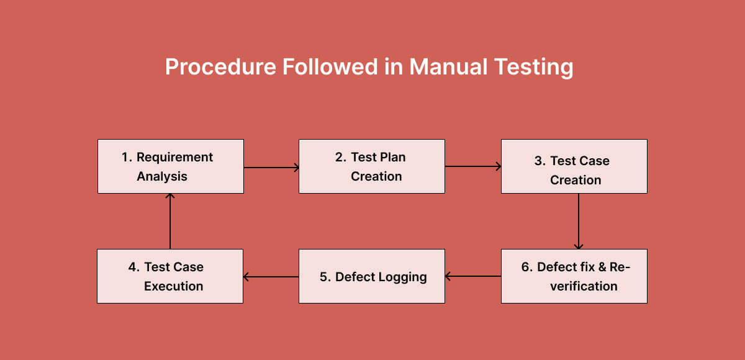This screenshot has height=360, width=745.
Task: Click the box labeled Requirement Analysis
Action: tap(170, 166)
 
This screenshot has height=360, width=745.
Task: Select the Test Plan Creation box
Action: tap(371, 166)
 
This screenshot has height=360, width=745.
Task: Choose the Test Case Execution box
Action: tap(170, 276)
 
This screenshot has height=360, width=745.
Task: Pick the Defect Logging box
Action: tap(371, 276)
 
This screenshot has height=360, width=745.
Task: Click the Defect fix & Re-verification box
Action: tap(574, 276)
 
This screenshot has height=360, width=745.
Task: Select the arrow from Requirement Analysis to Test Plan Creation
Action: tap(271, 167)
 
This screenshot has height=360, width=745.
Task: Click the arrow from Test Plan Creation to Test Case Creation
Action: tap(472, 166)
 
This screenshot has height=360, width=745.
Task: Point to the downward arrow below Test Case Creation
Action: tap(579, 221)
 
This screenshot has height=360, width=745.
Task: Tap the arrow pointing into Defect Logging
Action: tap(473, 276)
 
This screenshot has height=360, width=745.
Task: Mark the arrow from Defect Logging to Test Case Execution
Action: tap(271, 277)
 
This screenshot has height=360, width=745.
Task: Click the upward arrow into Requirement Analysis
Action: tap(170, 221)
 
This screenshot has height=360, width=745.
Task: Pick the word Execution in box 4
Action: tap(174, 286)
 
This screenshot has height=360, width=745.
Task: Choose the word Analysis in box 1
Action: tap(162, 176)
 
